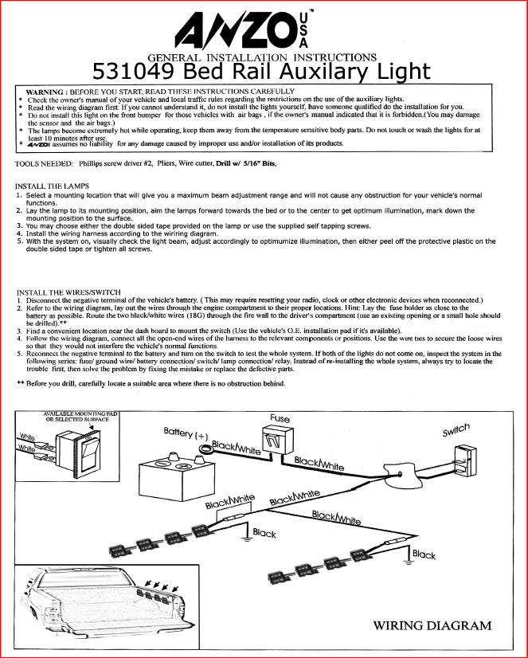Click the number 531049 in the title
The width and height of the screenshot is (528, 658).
pyautogui.click(x=135, y=72)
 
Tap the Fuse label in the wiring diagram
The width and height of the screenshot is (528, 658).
pyautogui.click(x=280, y=418)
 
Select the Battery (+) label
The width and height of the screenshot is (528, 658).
pyautogui.click(x=186, y=433)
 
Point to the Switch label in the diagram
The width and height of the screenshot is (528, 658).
pyautogui.click(x=456, y=429)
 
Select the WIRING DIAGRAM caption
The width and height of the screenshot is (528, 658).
pyautogui.click(x=432, y=625)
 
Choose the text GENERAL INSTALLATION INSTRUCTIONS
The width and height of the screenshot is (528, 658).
pyautogui.click(x=262, y=57)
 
